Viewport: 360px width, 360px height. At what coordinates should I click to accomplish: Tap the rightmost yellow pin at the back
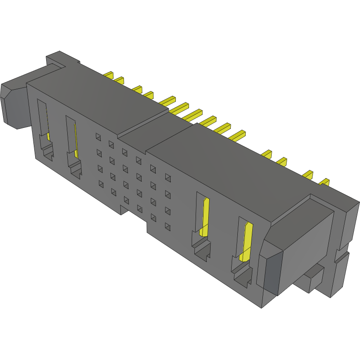324,182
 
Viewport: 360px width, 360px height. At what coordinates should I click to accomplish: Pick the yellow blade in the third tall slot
205,215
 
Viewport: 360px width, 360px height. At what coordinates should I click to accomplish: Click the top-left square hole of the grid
98,137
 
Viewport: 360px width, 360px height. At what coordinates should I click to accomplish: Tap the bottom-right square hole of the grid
167,227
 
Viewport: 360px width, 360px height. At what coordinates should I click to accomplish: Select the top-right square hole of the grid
167,177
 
